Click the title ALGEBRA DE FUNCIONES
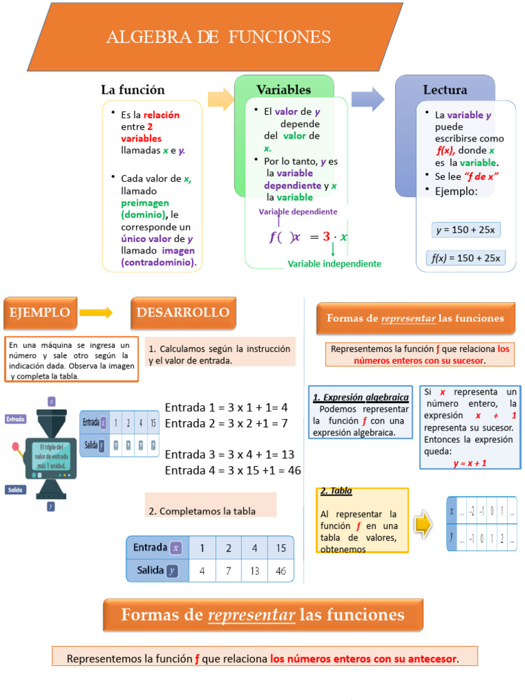tap(218, 37)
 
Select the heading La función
tap(133, 90)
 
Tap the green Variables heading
tap(284, 90)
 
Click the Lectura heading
tap(445, 90)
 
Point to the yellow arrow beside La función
tap(220, 99)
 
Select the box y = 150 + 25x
tap(466, 230)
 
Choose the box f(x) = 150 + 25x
tap(466, 258)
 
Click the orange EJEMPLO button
tap(40, 312)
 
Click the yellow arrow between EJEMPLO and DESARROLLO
tap(96, 313)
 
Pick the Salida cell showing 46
tap(281, 570)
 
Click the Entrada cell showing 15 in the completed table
tap(281, 548)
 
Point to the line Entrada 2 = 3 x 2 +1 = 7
tap(226, 423)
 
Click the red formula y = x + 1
tap(470, 463)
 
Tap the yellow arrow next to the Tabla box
tap(424, 524)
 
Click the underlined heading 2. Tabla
tap(336, 491)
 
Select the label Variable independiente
tap(334, 263)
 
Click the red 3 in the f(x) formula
tap(327, 237)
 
